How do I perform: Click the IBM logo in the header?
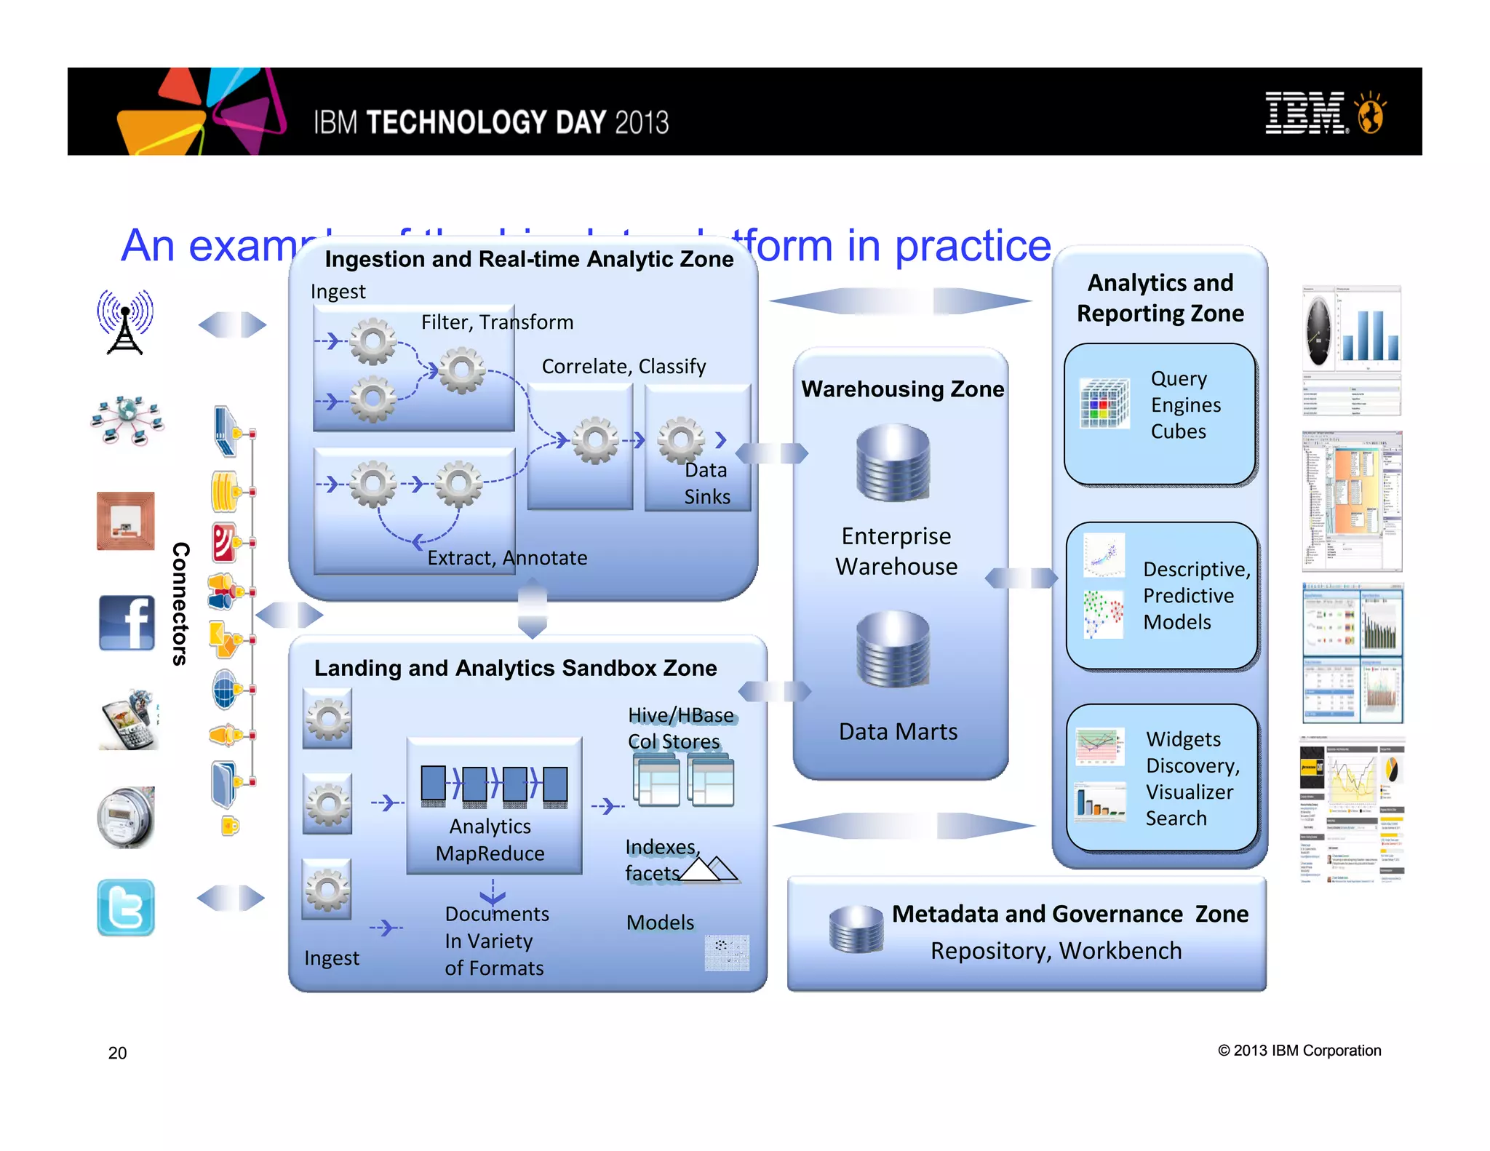pyautogui.click(x=1306, y=113)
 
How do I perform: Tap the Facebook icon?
pyautogui.click(x=127, y=623)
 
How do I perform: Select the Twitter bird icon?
pyautogui.click(x=126, y=907)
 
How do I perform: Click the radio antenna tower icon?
pyautogui.click(x=125, y=322)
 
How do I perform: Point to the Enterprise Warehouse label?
pyautogui.click(x=896, y=551)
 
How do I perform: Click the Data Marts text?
pyautogui.click(x=898, y=731)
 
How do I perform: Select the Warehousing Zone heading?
pyautogui.click(x=902, y=389)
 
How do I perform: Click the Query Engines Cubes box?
pyautogui.click(x=1160, y=414)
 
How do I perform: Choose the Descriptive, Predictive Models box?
pyautogui.click(x=1162, y=596)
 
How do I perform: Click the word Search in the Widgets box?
pyautogui.click(x=1176, y=819)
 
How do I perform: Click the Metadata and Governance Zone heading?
pyautogui.click(x=1069, y=914)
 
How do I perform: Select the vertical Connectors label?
pyautogui.click(x=180, y=604)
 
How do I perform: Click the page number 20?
pyautogui.click(x=117, y=1053)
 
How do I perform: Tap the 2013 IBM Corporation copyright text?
pyautogui.click(x=1299, y=1051)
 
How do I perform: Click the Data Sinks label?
pyautogui.click(x=706, y=483)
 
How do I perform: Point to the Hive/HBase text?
pyautogui.click(x=680, y=715)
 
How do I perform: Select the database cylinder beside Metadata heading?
pyautogui.click(x=856, y=929)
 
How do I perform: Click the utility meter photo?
pyautogui.click(x=126, y=817)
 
